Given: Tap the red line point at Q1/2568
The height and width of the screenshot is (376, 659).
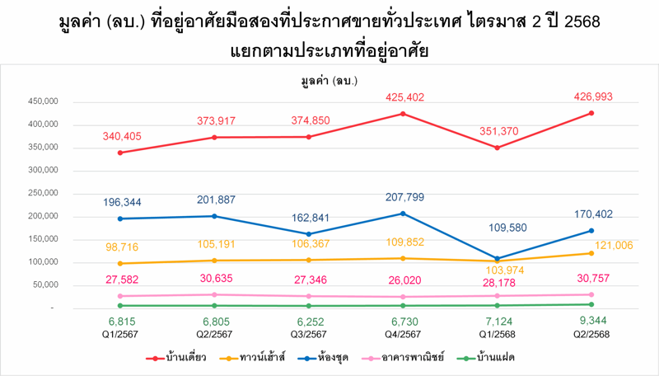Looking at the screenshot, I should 497,148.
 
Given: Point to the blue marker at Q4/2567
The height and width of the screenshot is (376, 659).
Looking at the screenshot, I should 403,214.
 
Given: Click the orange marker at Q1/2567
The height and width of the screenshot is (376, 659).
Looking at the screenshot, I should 121,264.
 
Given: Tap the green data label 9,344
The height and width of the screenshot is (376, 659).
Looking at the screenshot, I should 591,322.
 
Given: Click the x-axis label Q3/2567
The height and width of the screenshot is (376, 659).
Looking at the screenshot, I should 309,333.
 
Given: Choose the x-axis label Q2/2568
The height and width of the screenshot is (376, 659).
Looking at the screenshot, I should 591,333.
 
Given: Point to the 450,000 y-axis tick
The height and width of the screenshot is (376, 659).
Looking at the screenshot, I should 40,101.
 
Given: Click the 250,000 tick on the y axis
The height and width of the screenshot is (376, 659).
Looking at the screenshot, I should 40,194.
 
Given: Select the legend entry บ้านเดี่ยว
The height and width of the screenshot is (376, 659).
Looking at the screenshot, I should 177,358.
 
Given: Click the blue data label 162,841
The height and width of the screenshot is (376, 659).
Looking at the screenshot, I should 309,219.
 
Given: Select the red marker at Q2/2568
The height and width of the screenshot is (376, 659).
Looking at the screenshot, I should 591,113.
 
